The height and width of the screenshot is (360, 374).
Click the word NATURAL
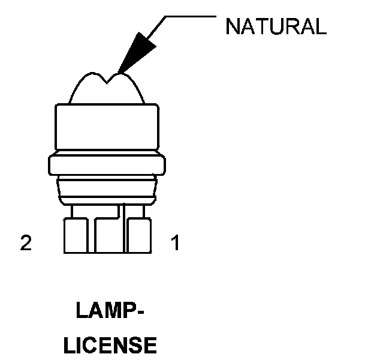[x=276, y=26]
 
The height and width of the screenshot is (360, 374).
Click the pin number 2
[x=26, y=243]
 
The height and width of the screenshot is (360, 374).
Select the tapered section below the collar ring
[x=107, y=190]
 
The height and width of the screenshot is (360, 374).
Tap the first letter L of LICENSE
[x=70, y=346]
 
